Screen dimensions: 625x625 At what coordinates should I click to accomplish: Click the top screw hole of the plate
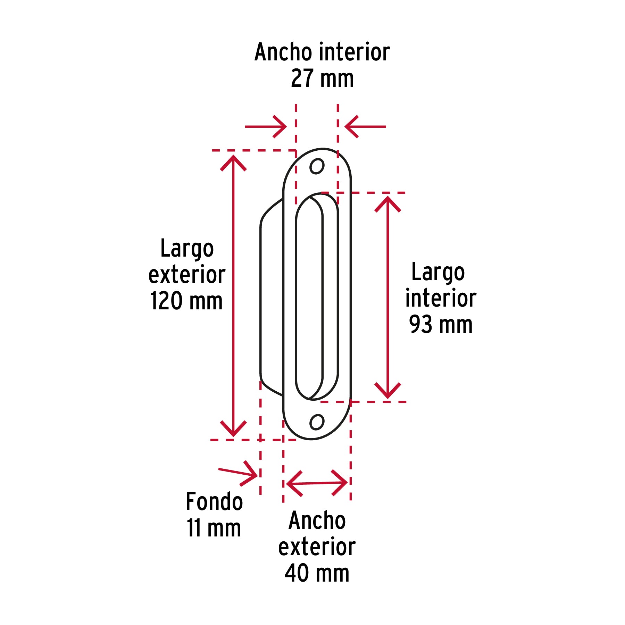pos(317,166)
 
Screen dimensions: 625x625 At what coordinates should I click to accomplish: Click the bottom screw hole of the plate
pos(317,422)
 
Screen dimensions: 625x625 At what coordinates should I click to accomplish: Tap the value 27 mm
pos(322,78)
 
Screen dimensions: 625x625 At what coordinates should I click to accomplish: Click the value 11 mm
pos(214,528)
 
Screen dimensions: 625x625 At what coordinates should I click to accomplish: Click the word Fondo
pos(214,501)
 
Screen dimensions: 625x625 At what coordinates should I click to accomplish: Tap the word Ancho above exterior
pos(317,520)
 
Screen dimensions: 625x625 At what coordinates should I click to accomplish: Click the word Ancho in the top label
pos(283,52)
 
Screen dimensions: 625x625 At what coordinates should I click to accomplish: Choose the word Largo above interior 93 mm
pos(438,273)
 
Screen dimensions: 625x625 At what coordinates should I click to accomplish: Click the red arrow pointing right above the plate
pos(266,126)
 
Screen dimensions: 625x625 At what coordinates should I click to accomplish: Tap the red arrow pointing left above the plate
pos(365,126)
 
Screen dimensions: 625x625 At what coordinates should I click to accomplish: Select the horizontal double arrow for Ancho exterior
pos(317,483)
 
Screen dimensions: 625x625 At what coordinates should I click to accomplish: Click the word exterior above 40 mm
pos(317,547)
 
